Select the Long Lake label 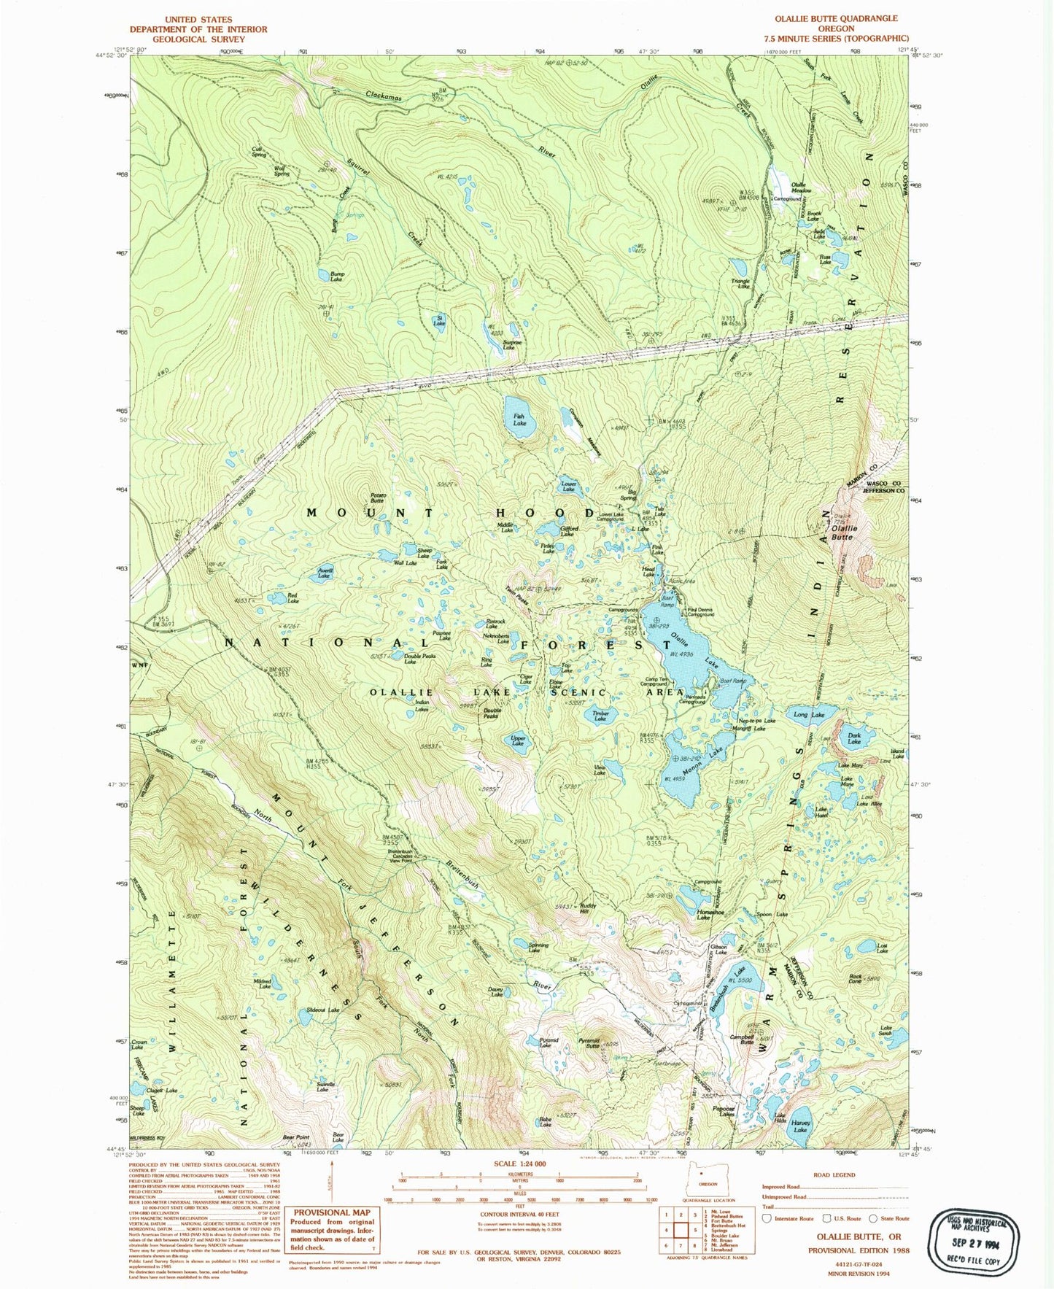(809, 715)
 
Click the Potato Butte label (377, 498)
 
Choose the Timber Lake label (600, 716)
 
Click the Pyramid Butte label (589, 1044)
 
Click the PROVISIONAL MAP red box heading (331, 1212)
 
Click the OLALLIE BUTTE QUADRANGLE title (835, 18)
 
